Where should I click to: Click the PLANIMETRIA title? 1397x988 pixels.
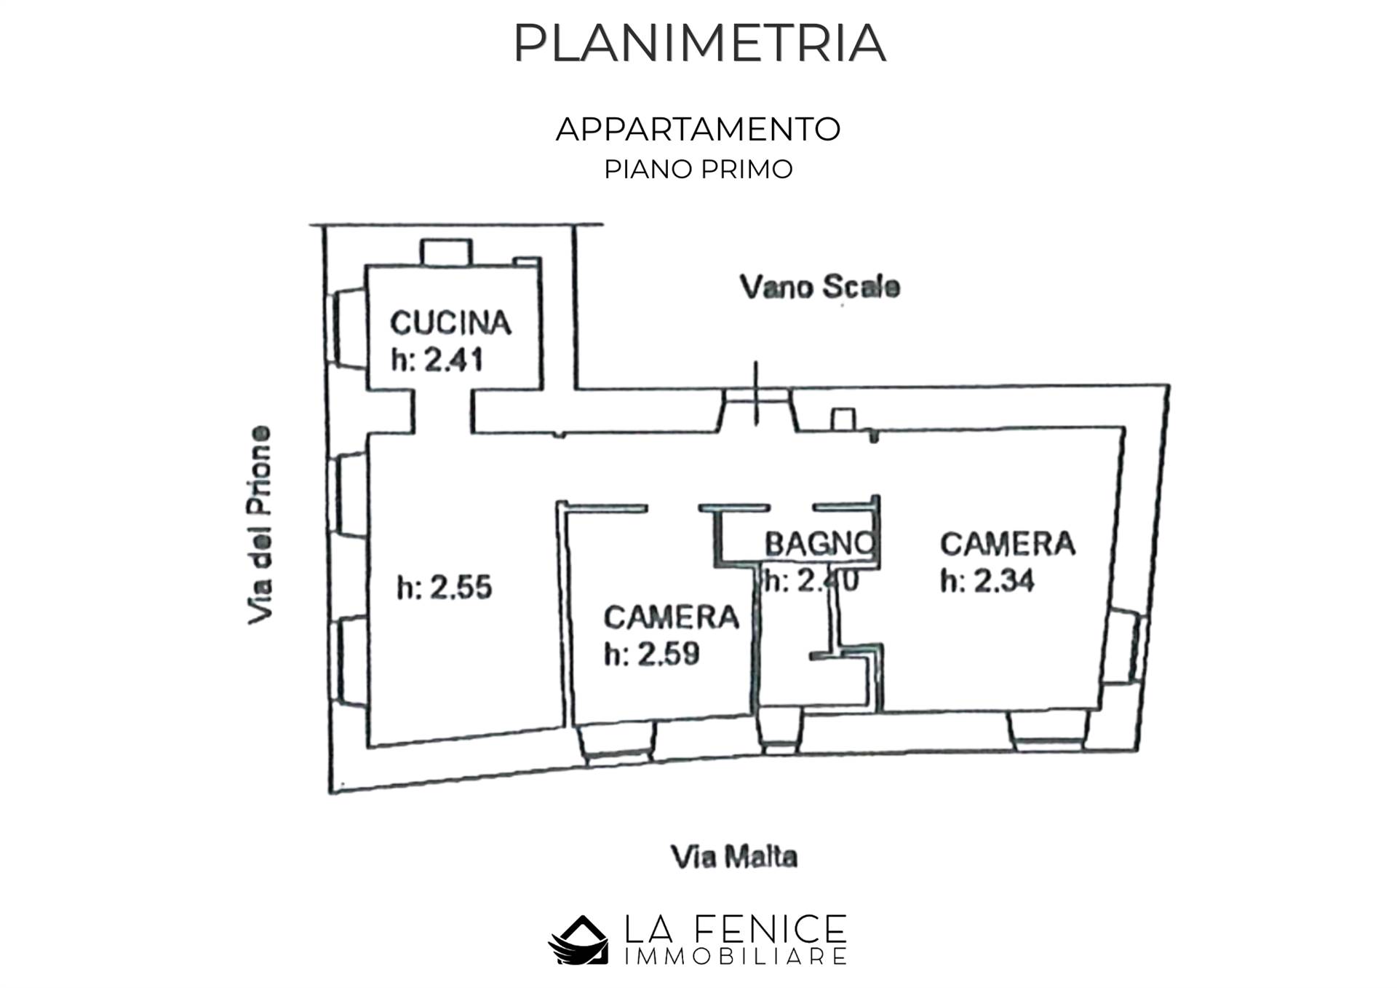(x=698, y=44)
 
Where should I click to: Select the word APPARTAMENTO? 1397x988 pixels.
(x=698, y=130)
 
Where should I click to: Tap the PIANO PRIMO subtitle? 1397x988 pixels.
(x=698, y=169)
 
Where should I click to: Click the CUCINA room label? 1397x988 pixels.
(x=450, y=323)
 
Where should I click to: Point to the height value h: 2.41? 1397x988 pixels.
(x=437, y=360)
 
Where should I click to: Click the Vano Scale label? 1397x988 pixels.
(x=820, y=287)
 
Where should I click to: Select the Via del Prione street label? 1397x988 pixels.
(x=260, y=524)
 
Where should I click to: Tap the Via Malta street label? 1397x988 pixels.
(x=733, y=857)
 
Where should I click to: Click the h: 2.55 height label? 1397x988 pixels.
(x=445, y=587)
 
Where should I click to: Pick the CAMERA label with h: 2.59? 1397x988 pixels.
(x=671, y=617)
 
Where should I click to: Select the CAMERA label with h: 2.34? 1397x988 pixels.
(x=1007, y=544)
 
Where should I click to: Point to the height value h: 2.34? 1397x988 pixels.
(x=987, y=581)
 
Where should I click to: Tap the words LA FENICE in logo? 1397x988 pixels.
(x=735, y=929)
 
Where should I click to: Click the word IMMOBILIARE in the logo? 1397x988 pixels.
(x=735, y=957)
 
